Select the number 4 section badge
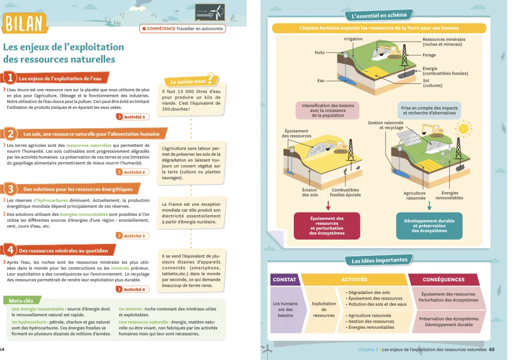click(9, 250)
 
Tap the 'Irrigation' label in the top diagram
click(353, 39)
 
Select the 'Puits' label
click(319, 53)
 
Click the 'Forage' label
click(429, 55)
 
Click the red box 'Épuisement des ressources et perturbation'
click(327, 226)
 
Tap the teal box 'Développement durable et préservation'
click(429, 226)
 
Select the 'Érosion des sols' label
click(309, 192)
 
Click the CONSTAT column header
click(284, 280)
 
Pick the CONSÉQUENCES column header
click(448, 280)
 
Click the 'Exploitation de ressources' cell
click(324, 309)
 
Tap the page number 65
click(492, 350)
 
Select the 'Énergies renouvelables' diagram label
click(449, 195)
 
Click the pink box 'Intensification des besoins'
click(328, 110)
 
